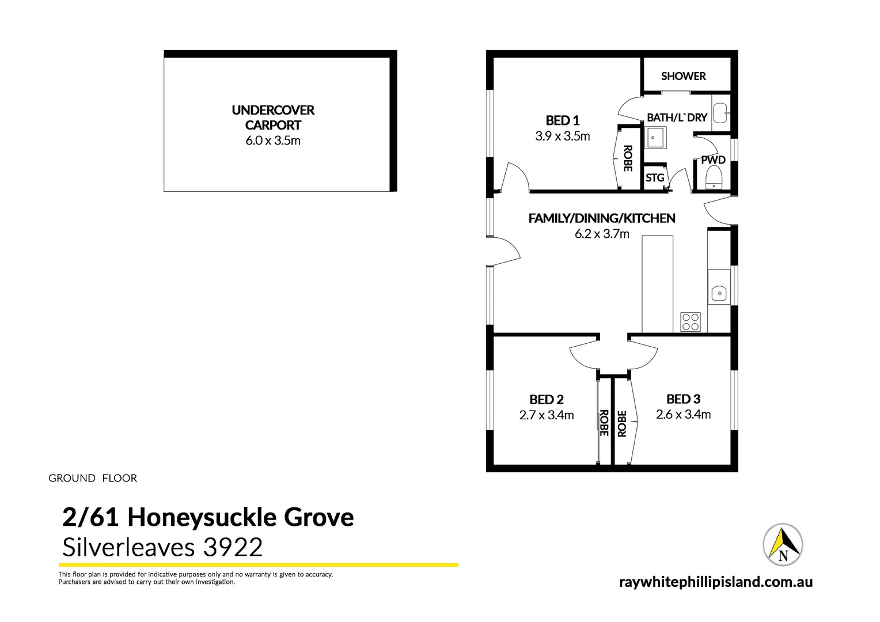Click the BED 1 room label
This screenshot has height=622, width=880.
[x=562, y=120]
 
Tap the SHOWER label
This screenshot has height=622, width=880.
[x=683, y=76]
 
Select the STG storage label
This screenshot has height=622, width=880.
[x=655, y=178]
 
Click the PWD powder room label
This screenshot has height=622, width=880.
[x=713, y=160]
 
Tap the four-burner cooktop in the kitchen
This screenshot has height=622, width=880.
[x=691, y=321]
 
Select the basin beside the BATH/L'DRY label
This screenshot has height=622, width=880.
[x=720, y=113]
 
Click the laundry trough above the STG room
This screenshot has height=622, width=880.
[x=655, y=138]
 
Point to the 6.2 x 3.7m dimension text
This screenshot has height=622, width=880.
[x=602, y=234]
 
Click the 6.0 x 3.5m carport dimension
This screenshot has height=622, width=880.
[x=273, y=141]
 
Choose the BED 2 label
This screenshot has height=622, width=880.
[x=547, y=399]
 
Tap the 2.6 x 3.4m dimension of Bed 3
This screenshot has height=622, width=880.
[x=683, y=415]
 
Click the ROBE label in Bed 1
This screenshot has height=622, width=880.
[x=628, y=158]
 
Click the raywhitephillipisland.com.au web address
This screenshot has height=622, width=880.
[x=716, y=582]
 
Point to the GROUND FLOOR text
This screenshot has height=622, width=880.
[x=93, y=478]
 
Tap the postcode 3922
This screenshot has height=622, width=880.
[x=233, y=547]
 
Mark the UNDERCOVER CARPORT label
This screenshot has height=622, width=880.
[x=273, y=117]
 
